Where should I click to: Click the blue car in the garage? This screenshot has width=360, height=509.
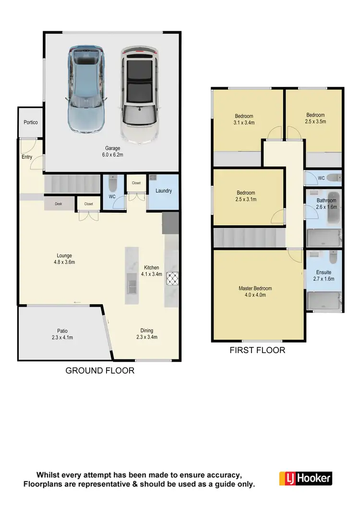86,90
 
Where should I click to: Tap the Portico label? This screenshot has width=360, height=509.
31,123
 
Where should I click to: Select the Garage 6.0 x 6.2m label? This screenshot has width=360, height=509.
113,152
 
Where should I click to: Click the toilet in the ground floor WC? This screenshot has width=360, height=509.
113,184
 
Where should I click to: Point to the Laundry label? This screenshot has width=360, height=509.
164,191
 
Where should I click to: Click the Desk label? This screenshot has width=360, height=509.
59,204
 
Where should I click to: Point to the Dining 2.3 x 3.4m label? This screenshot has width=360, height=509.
146,333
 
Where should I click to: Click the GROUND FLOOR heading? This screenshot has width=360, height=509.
100,370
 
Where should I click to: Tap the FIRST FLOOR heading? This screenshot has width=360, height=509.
257,350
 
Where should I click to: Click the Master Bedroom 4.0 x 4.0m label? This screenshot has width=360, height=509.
255,292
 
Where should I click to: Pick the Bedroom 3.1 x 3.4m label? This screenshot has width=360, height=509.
244,119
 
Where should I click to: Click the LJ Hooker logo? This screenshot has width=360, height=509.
306,478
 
